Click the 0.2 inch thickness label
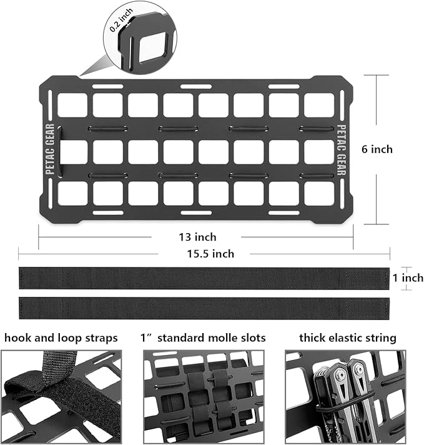click(x=121, y=19)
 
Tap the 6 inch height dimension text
click(x=377, y=149)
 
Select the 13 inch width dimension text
click(x=197, y=237)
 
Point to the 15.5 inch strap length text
click(x=210, y=254)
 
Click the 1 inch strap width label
click(x=408, y=278)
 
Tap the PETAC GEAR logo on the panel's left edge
click(x=50, y=149)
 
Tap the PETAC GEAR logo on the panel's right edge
click(x=342, y=150)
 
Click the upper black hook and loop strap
click(x=204, y=278)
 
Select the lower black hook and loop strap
click(x=204, y=308)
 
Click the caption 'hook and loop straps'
click(x=61, y=338)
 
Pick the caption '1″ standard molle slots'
click(x=203, y=338)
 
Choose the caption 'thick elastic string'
click(x=348, y=338)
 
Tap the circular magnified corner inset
click(x=140, y=37)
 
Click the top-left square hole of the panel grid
click(x=72, y=105)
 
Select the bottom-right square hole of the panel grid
click(x=319, y=193)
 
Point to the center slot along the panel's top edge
click(x=196, y=86)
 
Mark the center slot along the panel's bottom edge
click(x=196, y=212)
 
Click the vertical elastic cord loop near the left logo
click(x=59, y=151)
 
